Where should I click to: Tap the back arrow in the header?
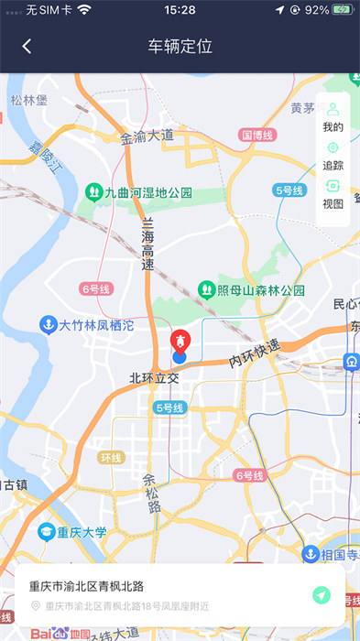27,46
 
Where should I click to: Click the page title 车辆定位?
180,46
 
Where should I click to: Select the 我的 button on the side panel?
333,117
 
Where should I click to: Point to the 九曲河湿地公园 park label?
138,192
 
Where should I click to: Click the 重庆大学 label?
73,532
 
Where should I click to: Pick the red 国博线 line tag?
257,135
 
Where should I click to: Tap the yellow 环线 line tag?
112,457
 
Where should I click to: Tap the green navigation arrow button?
320,595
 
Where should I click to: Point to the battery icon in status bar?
343,9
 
